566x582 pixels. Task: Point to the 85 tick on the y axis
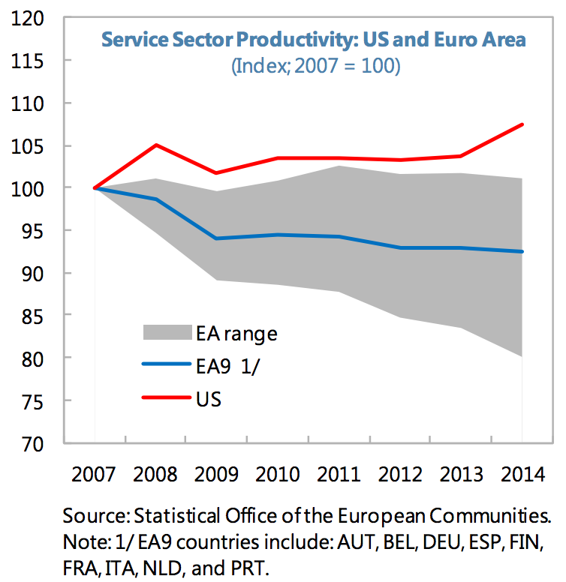click(32, 316)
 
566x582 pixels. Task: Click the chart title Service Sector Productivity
click(314, 39)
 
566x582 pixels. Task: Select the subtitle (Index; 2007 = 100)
click(315, 65)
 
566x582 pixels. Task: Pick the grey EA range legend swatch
click(164, 331)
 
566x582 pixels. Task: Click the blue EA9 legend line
click(164, 364)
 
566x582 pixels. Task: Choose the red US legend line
click(164, 397)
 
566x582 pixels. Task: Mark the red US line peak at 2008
click(155, 145)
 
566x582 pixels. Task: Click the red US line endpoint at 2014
click(522, 124)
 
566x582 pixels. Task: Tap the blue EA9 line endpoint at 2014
click(522, 251)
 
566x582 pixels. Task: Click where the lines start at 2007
click(95, 187)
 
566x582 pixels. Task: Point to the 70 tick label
click(32, 445)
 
